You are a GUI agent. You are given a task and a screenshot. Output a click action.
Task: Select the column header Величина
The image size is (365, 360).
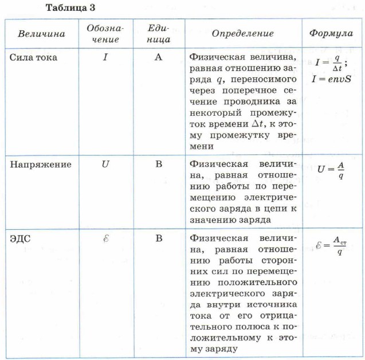click(41, 33)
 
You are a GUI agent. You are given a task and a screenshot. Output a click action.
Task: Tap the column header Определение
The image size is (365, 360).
click(242, 33)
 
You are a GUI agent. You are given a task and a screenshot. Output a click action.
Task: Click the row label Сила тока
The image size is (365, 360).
click(34, 57)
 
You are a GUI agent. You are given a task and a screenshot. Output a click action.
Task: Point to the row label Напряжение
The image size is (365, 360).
click(41, 164)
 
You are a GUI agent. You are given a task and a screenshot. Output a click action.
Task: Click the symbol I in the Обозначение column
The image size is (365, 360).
click(105, 57)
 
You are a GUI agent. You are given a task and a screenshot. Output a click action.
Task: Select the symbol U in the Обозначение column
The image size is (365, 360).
click(105, 164)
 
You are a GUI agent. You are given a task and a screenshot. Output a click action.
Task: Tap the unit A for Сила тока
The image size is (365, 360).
click(159, 57)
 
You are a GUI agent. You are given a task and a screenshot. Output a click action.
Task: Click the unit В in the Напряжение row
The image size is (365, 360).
click(159, 164)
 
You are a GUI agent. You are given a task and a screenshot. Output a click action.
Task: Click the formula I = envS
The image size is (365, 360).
click(332, 79)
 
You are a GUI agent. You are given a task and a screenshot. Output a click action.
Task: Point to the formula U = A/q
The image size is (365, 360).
click(331, 170)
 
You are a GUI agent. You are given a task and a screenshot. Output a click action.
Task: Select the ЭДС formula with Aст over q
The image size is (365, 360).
click(332, 245)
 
